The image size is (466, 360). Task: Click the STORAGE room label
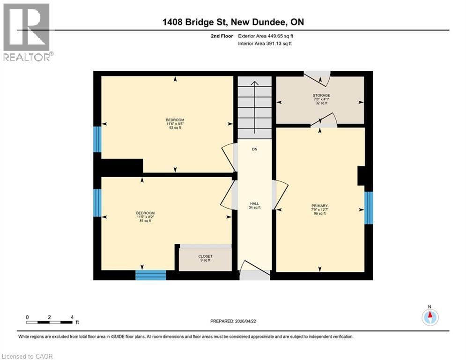322,95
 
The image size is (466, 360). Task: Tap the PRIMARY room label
319,205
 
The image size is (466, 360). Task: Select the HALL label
254,203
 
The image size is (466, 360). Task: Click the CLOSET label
205,256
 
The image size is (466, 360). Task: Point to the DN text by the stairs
254,149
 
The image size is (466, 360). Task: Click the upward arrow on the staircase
254,84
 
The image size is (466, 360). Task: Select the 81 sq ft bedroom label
145,213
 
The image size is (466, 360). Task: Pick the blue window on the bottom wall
151,275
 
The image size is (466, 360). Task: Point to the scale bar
50,322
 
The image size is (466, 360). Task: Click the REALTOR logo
27,32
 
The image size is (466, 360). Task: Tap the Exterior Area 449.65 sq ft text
266,36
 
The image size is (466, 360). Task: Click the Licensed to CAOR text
27,356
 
